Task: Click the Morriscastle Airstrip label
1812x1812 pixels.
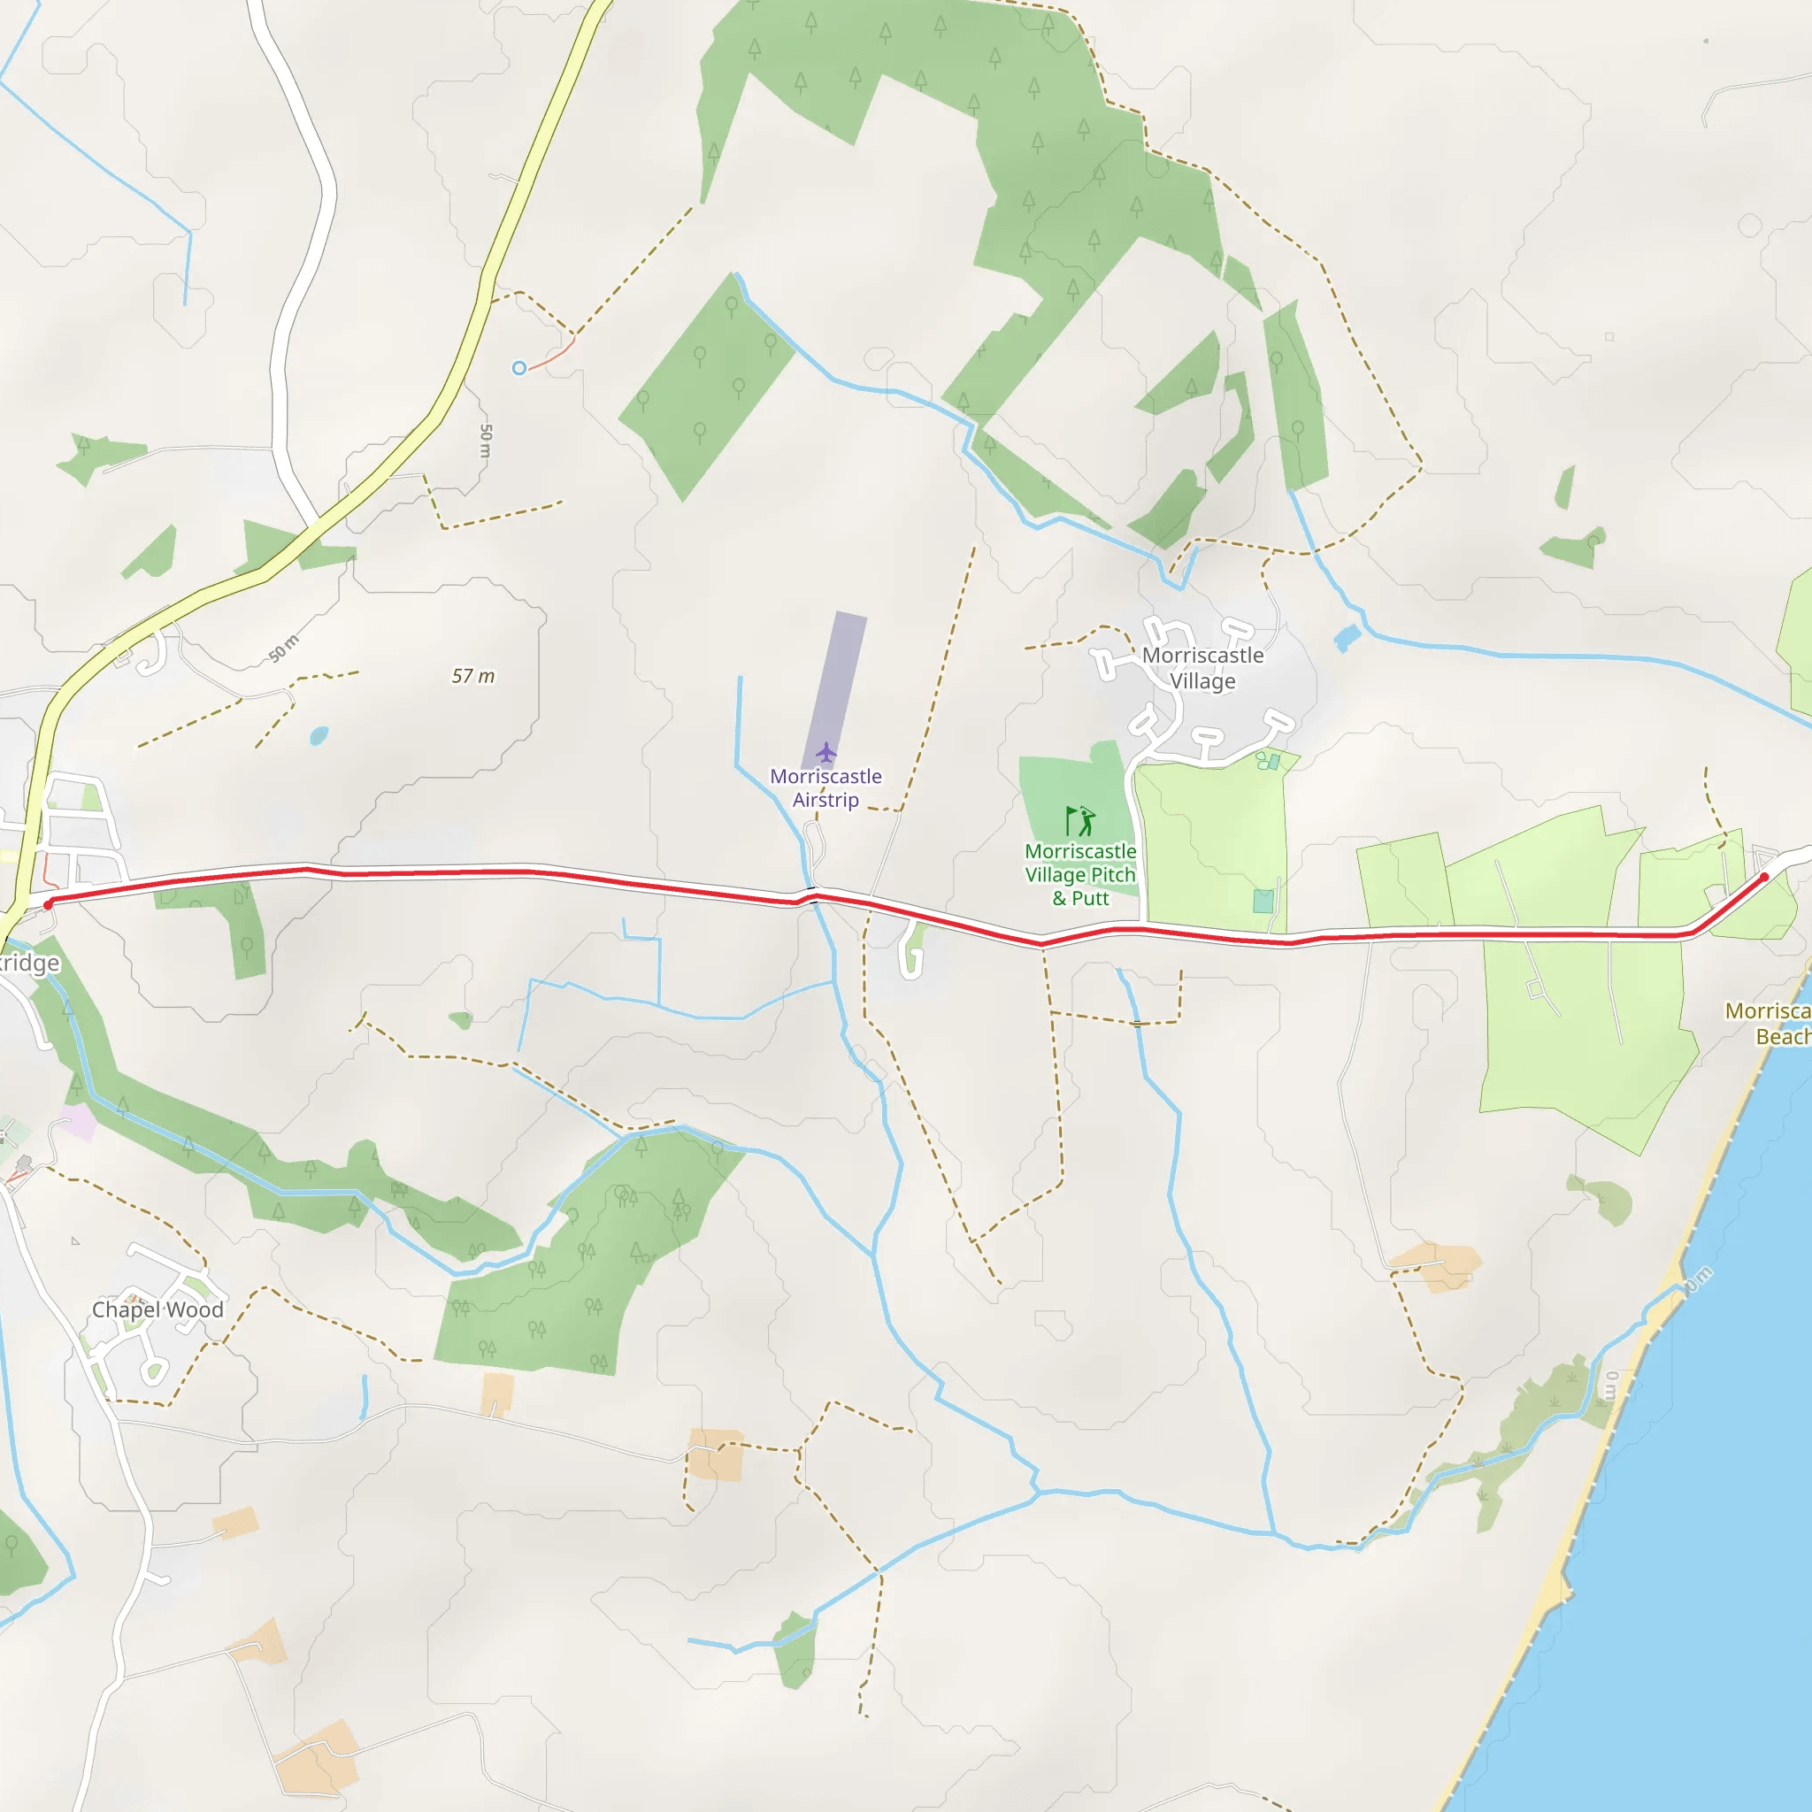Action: pyautogui.click(x=825, y=787)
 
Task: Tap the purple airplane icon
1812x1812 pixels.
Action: pyautogui.click(x=825, y=752)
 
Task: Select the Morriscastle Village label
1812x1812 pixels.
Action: pyautogui.click(x=1202, y=668)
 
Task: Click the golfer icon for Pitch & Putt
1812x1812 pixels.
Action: pyautogui.click(x=1080, y=821)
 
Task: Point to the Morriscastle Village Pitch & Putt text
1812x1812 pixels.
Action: pyautogui.click(x=1080, y=875)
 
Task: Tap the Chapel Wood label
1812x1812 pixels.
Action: pyautogui.click(x=157, y=1309)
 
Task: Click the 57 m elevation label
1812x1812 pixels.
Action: pyautogui.click(x=472, y=676)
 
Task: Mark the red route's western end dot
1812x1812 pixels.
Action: pyautogui.click(x=49, y=904)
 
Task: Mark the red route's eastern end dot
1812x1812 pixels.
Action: pyautogui.click(x=1764, y=877)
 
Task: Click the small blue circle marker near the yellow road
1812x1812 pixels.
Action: pyautogui.click(x=518, y=369)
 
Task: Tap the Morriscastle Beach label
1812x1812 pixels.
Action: pyautogui.click(x=1769, y=1024)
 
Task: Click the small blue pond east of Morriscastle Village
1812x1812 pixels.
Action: pyautogui.click(x=1347, y=639)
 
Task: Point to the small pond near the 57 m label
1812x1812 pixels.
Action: pyautogui.click(x=319, y=735)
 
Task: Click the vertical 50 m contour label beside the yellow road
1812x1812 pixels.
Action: pyautogui.click(x=485, y=441)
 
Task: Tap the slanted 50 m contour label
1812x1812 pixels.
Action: pyautogui.click(x=283, y=648)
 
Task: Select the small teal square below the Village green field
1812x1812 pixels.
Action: pyautogui.click(x=1263, y=902)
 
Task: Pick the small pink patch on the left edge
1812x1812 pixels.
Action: pyautogui.click(x=78, y=1123)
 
